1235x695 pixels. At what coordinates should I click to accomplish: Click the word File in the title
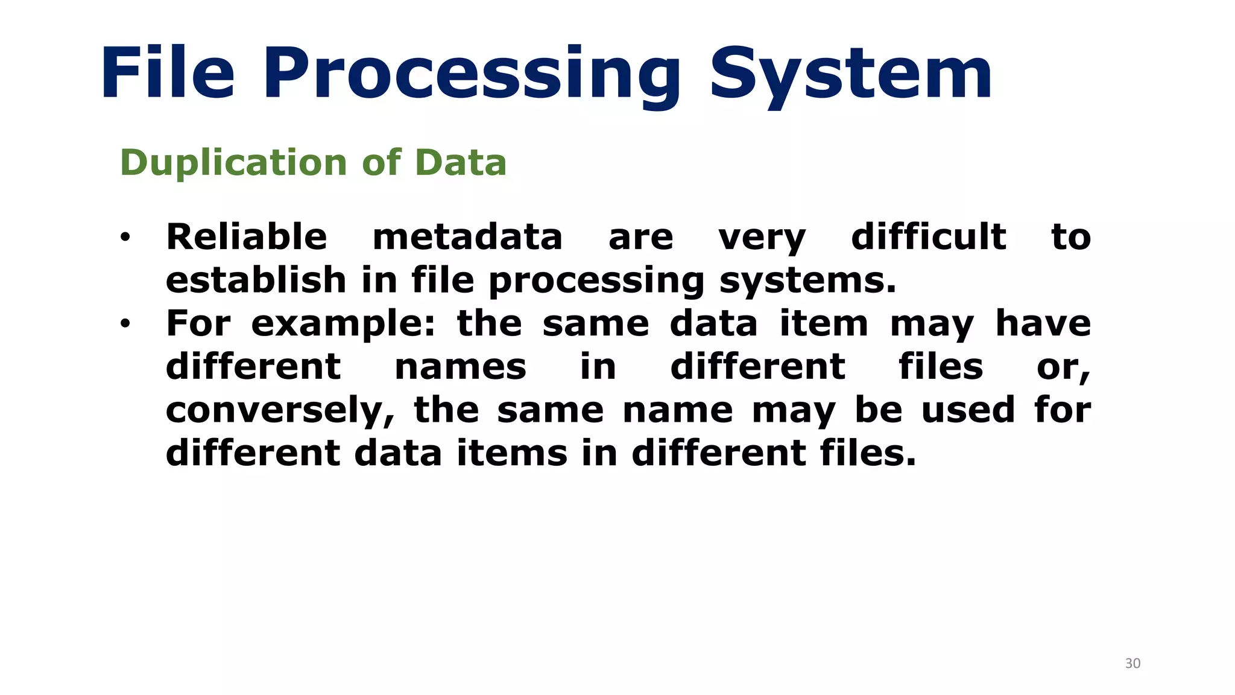(167, 74)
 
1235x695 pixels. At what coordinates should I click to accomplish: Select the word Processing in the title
(472, 75)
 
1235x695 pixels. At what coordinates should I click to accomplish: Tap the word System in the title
(850, 75)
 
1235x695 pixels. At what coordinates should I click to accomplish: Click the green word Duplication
(233, 163)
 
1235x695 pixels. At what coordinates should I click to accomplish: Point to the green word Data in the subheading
(461, 163)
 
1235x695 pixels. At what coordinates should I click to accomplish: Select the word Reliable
(247, 236)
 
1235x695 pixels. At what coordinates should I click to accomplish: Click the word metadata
(467, 236)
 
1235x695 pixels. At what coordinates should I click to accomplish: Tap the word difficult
(928, 236)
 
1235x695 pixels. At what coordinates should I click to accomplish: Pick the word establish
(256, 280)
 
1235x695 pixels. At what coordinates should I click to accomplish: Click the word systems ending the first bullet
(807, 281)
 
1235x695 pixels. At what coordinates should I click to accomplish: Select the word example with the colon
(343, 324)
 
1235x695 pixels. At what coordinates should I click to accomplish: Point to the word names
(460, 367)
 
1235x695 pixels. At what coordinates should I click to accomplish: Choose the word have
(1043, 323)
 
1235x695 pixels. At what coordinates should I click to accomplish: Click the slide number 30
(1132, 664)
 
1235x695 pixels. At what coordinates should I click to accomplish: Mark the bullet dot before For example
(125, 324)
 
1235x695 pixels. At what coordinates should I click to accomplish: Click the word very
(762, 238)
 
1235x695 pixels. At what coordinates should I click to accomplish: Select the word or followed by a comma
(1063, 367)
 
